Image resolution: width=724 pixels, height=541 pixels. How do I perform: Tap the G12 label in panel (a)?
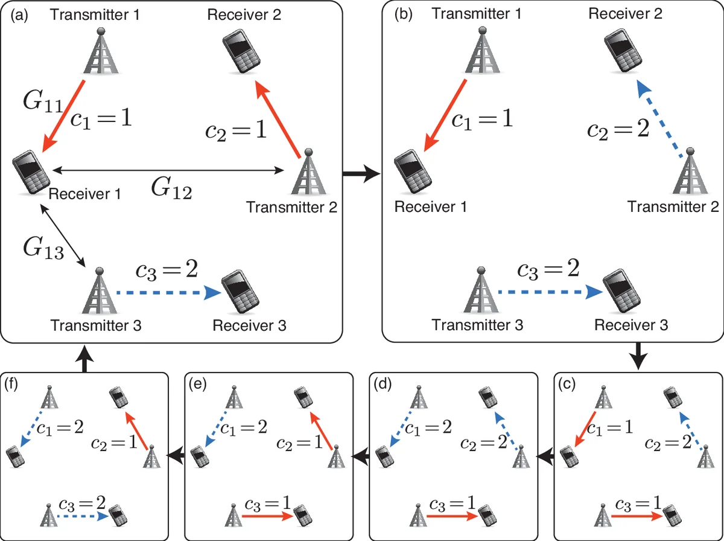click(x=171, y=191)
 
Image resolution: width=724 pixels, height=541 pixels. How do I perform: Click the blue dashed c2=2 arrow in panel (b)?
click(x=662, y=121)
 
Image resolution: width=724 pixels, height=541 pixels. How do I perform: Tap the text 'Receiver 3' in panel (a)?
click(x=249, y=326)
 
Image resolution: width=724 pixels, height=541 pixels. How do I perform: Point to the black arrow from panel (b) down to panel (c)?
click(x=637, y=356)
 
